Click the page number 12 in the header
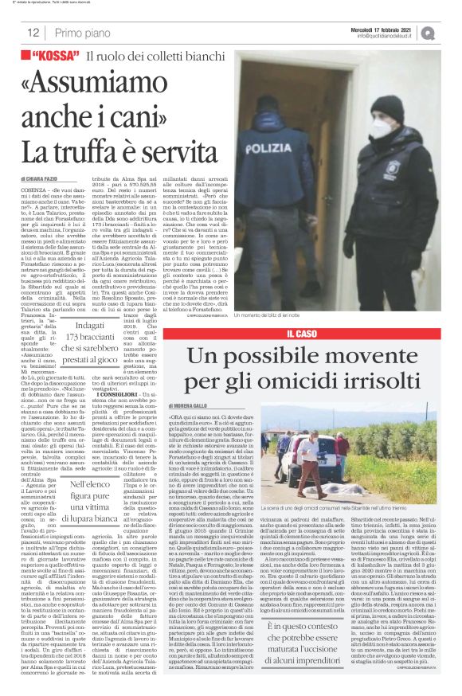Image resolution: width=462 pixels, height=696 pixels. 33,33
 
